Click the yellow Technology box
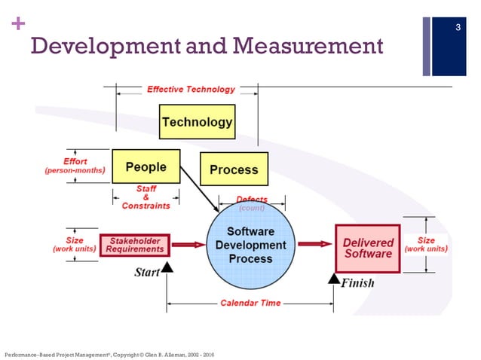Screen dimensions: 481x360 pyautogui.click(x=197, y=122)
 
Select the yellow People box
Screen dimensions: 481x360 pyautogui.click(x=146, y=166)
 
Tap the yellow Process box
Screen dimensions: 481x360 pyautogui.click(x=234, y=169)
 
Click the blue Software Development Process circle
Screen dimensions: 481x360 pyautogui.click(x=250, y=245)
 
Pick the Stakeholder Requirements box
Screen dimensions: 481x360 pyautogui.click(x=135, y=245)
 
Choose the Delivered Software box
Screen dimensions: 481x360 pyautogui.click(x=368, y=248)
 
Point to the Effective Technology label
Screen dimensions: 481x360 pyautogui.click(x=191, y=89)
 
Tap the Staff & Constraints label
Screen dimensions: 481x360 pyautogui.click(x=146, y=197)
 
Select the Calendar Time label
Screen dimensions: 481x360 pyautogui.click(x=250, y=303)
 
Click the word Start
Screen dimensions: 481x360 pyautogui.click(x=146, y=272)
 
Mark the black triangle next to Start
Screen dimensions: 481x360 pyautogui.click(x=167, y=267)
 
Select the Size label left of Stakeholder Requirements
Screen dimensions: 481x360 pyautogui.click(x=75, y=245)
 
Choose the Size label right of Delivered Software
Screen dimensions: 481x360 pyautogui.click(x=427, y=245)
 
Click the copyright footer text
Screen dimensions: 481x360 pyautogui.click(x=109, y=353)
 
